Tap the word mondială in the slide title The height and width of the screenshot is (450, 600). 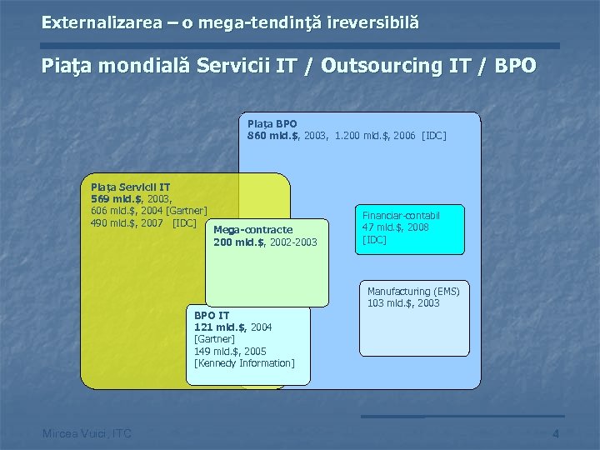tap(140, 67)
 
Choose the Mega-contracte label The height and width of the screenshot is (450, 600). tap(252, 230)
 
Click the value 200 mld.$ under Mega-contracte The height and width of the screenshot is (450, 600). tap(239, 242)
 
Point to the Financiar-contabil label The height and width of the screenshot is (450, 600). tap(401, 215)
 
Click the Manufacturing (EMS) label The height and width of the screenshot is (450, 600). tap(413, 291)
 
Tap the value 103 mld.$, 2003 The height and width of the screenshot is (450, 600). tap(403, 302)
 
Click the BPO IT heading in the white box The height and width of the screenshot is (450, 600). tap(212, 316)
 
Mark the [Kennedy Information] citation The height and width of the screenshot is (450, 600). tap(244, 362)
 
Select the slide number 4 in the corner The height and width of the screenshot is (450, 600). tap(555, 433)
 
